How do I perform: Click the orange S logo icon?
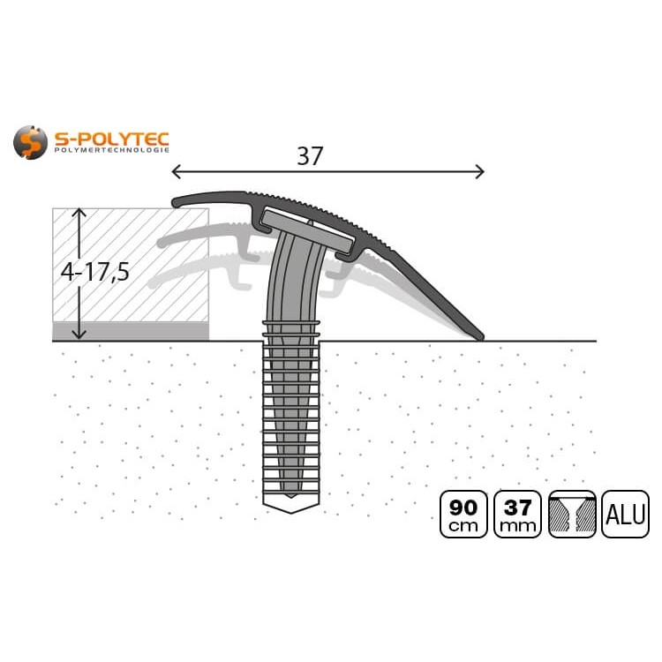pos(30,142)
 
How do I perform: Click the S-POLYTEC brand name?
pos(111,138)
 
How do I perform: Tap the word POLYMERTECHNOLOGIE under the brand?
pos(111,152)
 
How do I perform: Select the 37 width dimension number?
pos(309,156)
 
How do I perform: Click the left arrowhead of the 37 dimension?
pos(174,171)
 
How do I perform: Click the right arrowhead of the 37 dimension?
pos(481,171)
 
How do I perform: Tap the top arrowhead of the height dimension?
pos(79,212)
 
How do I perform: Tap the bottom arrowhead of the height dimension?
pos(79,335)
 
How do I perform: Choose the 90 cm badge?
pos(463,515)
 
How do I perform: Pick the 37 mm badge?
pos(518,515)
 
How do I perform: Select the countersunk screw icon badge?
pos(571,515)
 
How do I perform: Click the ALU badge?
pos(625,515)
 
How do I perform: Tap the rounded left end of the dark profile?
pos(177,202)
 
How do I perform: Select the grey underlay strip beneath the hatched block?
pos(131,331)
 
